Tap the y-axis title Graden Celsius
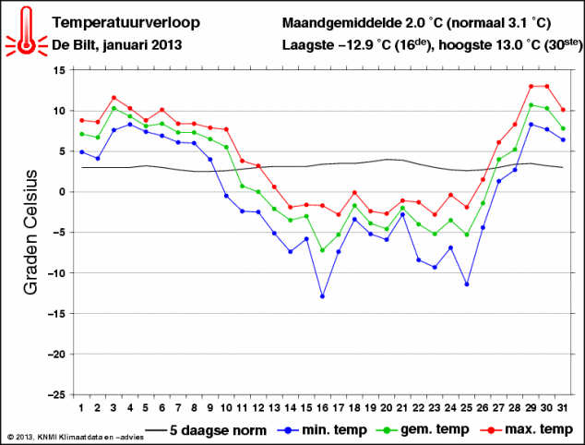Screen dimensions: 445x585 point(30,231)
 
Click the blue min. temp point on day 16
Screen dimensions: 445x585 point(322,296)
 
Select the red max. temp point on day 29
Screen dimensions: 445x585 point(531,87)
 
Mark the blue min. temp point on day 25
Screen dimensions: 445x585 point(466,284)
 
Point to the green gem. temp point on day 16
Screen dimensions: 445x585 point(322,250)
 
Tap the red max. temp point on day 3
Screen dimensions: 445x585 point(113,98)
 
